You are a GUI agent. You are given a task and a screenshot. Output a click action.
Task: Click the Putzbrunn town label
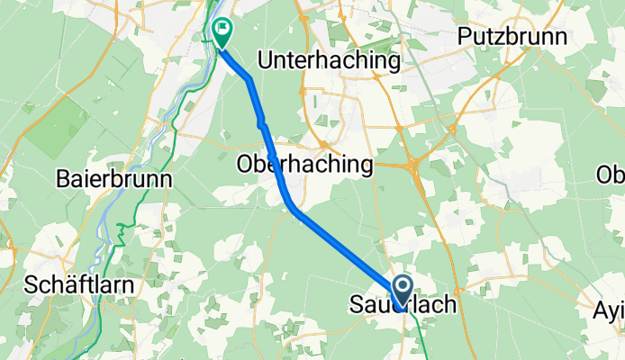pos(512,37)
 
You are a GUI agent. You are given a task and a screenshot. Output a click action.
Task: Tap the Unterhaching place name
pos(329,60)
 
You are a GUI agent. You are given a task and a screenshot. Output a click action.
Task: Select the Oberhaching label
pos(304,165)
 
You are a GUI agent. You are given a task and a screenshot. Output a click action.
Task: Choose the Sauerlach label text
pos(402,306)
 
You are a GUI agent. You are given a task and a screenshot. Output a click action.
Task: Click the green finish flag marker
pos(221,33)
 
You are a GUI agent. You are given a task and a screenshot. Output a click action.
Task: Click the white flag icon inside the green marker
pos(221,30)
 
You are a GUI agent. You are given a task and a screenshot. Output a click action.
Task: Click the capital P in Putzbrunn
pos(466,37)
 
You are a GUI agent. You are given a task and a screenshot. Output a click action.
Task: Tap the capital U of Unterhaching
pos(266,60)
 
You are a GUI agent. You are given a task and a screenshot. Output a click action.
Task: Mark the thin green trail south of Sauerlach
pos(422,333)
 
